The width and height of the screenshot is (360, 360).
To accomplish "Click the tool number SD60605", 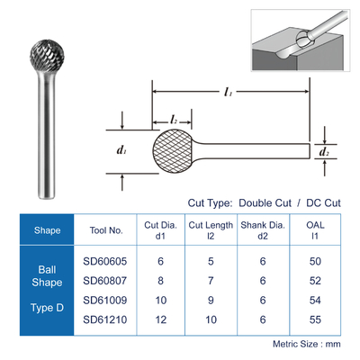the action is click(105, 261).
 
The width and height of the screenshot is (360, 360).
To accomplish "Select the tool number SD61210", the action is click(105, 319).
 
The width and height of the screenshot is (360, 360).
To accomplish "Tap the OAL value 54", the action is click(315, 300).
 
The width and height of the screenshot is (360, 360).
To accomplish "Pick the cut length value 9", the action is click(211, 300).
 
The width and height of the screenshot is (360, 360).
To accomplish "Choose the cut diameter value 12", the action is click(161, 319).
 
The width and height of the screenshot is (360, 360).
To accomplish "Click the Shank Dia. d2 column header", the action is click(263, 230).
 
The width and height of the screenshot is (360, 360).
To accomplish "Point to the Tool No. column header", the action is click(106, 230).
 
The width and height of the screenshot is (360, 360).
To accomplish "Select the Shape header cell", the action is click(47, 230).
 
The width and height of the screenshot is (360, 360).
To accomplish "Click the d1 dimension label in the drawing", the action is click(121, 149).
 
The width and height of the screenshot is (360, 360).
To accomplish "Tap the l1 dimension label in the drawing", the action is click(228, 92).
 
